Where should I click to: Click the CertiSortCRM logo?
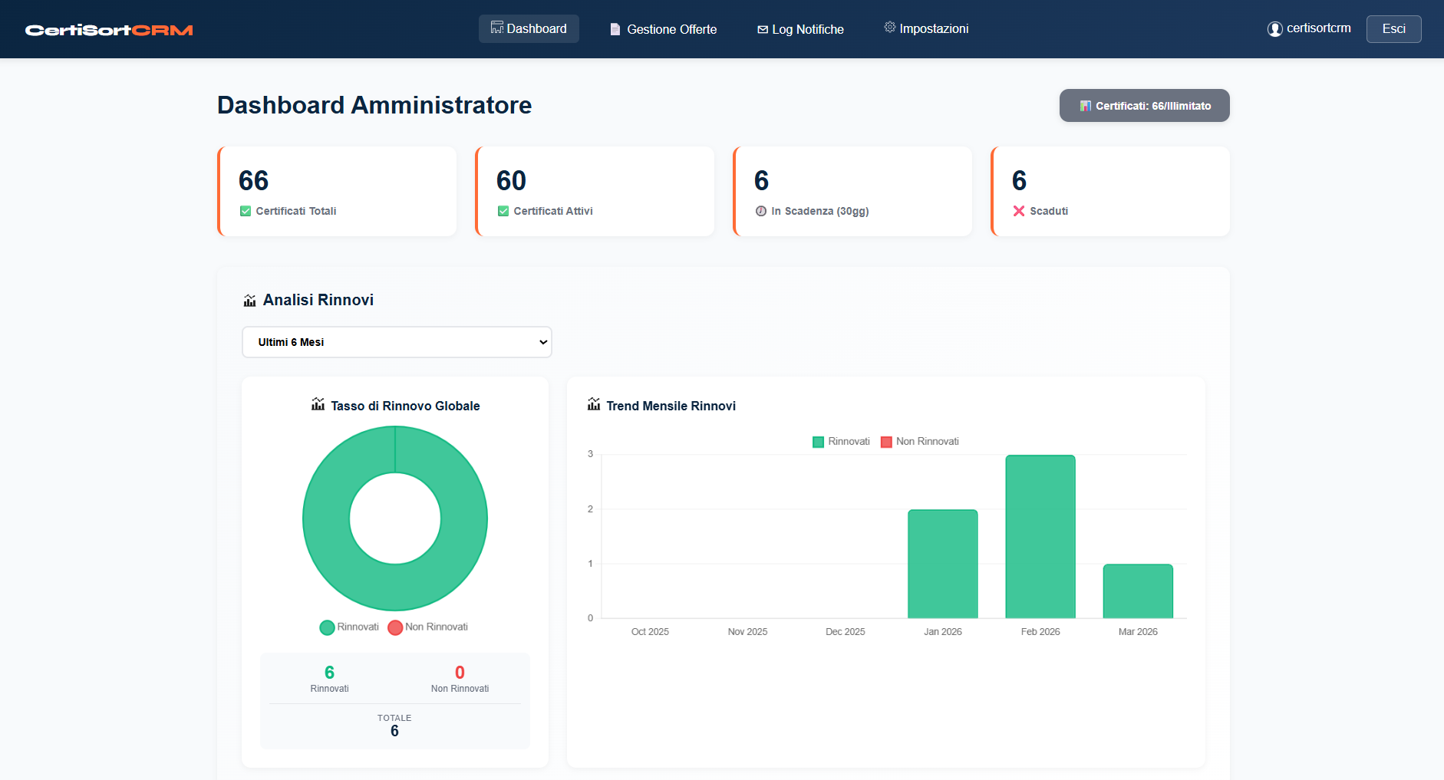pyautogui.click(x=109, y=30)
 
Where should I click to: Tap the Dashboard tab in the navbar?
pyautogui.click(x=529, y=28)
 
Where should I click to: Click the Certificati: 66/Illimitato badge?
pyautogui.click(x=1144, y=106)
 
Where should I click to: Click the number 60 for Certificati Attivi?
pyautogui.click(x=511, y=181)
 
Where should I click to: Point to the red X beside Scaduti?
pyautogui.click(x=1019, y=211)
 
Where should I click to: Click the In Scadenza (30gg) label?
pyautogui.click(x=819, y=211)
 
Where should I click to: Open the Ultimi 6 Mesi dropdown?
pyautogui.click(x=397, y=342)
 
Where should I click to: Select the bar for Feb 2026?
pyautogui.click(x=1040, y=537)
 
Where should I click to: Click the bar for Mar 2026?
pyautogui.click(x=1137, y=591)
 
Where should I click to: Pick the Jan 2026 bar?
pyautogui.click(x=942, y=564)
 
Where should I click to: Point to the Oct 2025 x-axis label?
pyautogui.click(x=649, y=632)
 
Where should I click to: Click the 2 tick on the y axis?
pyautogui.click(x=590, y=509)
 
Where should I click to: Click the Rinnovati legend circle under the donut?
pyautogui.click(x=328, y=627)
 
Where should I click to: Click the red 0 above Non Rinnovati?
pyautogui.click(x=460, y=673)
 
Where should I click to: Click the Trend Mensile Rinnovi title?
pyautogui.click(x=670, y=406)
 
